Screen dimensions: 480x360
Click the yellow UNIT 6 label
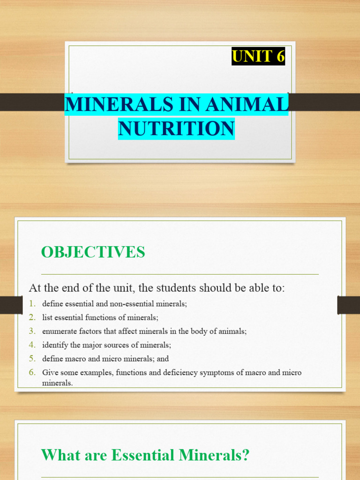(258, 57)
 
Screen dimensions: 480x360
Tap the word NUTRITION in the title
(176, 128)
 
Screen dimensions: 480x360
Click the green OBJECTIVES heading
(93, 252)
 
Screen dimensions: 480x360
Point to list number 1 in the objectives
(31, 303)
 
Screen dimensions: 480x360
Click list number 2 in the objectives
(31, 317)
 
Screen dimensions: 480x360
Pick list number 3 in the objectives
(31, 331)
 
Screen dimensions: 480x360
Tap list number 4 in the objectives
(31, 345)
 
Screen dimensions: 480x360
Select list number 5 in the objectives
(31, 359)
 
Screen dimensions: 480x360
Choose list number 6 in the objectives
(31, 373)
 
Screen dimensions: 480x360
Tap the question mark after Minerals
(245, 455)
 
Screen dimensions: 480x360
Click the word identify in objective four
(54, 345)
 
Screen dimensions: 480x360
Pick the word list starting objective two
(47, 317)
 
